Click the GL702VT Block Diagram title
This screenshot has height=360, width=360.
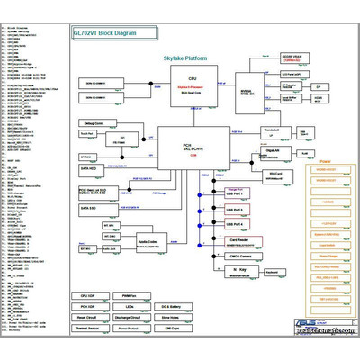click(x=105, y=32)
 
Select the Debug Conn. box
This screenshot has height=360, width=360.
click(x=99, y=122)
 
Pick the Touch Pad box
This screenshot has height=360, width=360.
click(x=87, y=134)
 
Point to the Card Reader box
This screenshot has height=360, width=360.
click(x=239, y=240)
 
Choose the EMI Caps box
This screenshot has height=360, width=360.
click(x=171, y=328)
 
